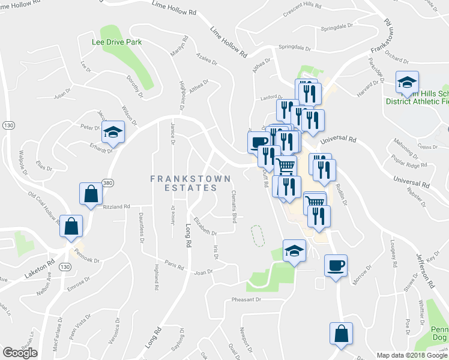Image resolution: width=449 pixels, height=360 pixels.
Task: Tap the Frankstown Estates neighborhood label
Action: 183,183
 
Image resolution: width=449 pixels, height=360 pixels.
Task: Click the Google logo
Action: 20,352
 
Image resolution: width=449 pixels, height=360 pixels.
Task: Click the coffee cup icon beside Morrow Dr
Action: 336,265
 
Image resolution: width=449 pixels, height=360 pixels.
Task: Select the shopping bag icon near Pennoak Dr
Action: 71,227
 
